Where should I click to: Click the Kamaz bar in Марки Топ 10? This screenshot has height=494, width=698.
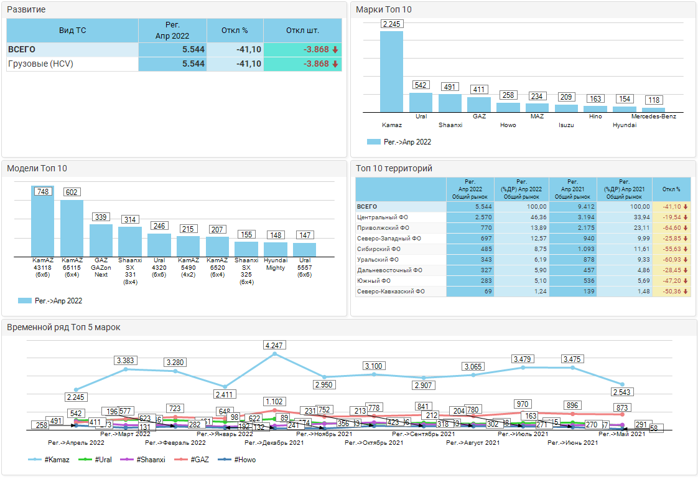click(x=391, y=72)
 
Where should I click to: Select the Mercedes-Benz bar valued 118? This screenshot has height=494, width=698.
click(x=653, y=110)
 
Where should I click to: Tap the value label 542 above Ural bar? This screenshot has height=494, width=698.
click(x=421, y=85)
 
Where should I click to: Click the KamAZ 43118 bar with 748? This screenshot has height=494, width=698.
click(x=43, y=222)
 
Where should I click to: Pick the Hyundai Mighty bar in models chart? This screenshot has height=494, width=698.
click(x=276, y=250)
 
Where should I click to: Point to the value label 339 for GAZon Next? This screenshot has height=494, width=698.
click(x=101, y=217)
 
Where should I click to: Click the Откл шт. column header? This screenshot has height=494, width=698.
click(x=302, y=31)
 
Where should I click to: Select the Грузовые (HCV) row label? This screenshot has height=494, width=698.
click(x=40, y=64)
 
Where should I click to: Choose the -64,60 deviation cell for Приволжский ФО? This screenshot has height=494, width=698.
click(x=671, y=228)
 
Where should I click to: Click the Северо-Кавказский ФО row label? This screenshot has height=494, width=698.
click(x=391, y=292)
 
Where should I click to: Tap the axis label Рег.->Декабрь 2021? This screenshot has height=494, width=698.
click(x=274, y=443)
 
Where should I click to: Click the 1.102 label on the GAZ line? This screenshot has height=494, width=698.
click(x=274, y=402)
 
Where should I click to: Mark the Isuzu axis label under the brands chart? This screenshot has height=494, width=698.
click(x=566, y=125)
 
